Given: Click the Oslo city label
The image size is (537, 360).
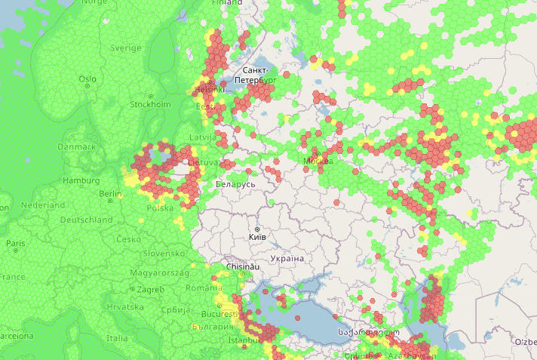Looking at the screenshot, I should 87,78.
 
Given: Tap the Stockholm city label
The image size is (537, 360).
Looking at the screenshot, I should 150,104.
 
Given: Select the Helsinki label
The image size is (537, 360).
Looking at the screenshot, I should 210,89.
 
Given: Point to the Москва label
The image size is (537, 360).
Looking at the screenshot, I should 318,161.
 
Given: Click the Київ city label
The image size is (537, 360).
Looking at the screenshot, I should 256,237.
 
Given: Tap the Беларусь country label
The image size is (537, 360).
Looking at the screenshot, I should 235,184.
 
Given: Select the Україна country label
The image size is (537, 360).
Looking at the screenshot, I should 287,259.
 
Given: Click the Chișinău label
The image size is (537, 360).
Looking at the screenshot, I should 244,267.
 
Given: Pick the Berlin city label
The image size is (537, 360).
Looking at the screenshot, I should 109,194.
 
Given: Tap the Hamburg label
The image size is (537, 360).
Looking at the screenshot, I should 81,181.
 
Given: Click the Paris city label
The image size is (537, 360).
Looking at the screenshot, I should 15,244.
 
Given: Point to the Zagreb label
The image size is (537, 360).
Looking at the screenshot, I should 151,289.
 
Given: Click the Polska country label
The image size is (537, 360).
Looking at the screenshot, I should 160,208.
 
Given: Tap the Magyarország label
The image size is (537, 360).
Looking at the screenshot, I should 158,272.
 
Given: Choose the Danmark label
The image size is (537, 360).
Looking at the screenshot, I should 77,146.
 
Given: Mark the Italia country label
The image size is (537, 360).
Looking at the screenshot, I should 116,338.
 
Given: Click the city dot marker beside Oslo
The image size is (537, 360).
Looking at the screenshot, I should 87,86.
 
